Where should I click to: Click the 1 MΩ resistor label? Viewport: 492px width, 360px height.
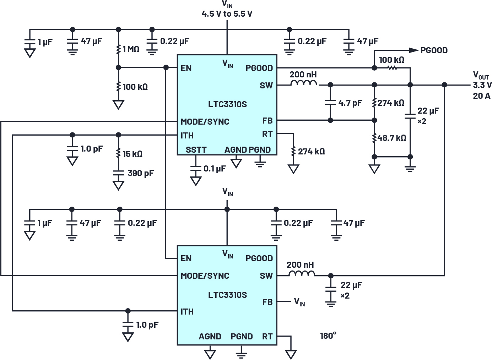131,49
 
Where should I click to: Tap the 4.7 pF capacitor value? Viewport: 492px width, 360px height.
350,103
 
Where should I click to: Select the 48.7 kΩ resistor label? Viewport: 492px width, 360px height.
392,138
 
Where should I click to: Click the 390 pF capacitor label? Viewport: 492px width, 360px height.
141,173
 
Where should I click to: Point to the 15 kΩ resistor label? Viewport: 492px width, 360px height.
133,154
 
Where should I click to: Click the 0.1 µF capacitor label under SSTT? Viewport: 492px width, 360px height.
214,169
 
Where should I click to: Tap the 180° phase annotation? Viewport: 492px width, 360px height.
328,336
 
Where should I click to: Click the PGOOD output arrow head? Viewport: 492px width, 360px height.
413,50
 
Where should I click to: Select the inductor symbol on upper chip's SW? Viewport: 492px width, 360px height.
304,83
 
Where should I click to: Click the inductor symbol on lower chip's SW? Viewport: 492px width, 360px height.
301,273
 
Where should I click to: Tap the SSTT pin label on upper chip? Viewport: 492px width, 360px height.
196,150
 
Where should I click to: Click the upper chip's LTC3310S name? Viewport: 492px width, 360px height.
227,104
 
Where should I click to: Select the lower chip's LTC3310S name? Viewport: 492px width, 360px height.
227,295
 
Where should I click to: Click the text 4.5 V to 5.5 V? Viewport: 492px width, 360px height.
227,14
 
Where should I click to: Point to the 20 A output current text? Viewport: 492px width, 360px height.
481,96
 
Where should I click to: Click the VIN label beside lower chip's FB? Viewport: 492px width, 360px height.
299,302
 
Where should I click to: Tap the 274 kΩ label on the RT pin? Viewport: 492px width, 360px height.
311,152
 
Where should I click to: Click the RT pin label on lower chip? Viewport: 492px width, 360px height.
267,336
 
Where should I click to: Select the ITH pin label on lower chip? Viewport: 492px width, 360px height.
187,312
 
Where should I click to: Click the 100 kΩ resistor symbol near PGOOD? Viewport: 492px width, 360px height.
392,67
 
